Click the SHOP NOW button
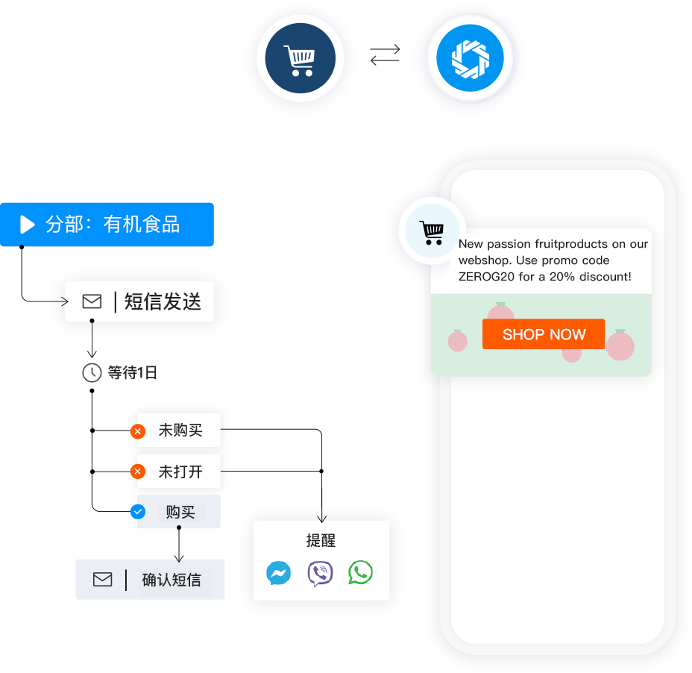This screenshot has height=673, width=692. (544, 334)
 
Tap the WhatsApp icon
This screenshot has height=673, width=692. (360, 573)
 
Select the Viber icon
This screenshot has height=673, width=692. (320, 574)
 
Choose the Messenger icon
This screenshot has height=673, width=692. (278, 574)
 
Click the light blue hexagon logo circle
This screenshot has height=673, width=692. (469, 58)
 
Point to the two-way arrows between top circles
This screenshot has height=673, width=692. (385, 54)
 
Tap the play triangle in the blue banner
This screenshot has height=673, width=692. (28, 224)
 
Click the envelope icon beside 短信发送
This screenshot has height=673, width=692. (92, 301)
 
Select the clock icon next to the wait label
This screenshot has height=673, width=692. (92, 372)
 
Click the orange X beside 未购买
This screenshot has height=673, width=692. (138, 431)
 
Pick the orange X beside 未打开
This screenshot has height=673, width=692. (138, 472)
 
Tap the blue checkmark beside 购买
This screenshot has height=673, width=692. (138, 512)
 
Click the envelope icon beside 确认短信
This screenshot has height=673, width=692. (103, 579)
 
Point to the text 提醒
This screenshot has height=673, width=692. (321, 541)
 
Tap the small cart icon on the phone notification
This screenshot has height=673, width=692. (432, 232)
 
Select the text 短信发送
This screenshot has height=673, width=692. (163, 301)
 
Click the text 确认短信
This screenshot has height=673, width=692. (172, 580)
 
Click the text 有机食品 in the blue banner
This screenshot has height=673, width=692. (142, 224)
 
